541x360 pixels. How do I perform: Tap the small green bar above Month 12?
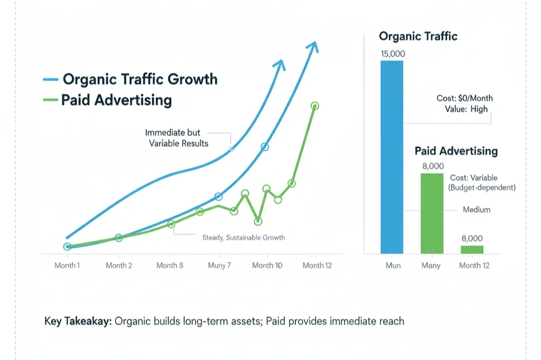tap(472, 249)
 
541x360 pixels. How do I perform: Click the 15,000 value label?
tap(391, 54)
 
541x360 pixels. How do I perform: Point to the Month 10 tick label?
tap(267, 266)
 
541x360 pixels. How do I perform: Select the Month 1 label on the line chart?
tap(67, 266)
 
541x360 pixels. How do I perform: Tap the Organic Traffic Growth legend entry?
tap(140, 79)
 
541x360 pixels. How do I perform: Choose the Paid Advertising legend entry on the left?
tap(116, 100)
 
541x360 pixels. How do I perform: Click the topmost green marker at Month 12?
tap(315, 106)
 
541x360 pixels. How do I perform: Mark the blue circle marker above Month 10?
tap(265, 147)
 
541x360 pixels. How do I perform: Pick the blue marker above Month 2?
tap(118, 238)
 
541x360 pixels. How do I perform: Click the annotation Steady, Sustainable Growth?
tap(244, 238)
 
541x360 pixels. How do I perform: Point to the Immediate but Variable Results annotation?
tap(176, 138)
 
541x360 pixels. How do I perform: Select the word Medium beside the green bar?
tap(477, 210)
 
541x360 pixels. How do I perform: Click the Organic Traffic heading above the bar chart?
tap(418, 36)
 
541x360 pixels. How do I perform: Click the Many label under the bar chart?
tap(431, 266)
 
